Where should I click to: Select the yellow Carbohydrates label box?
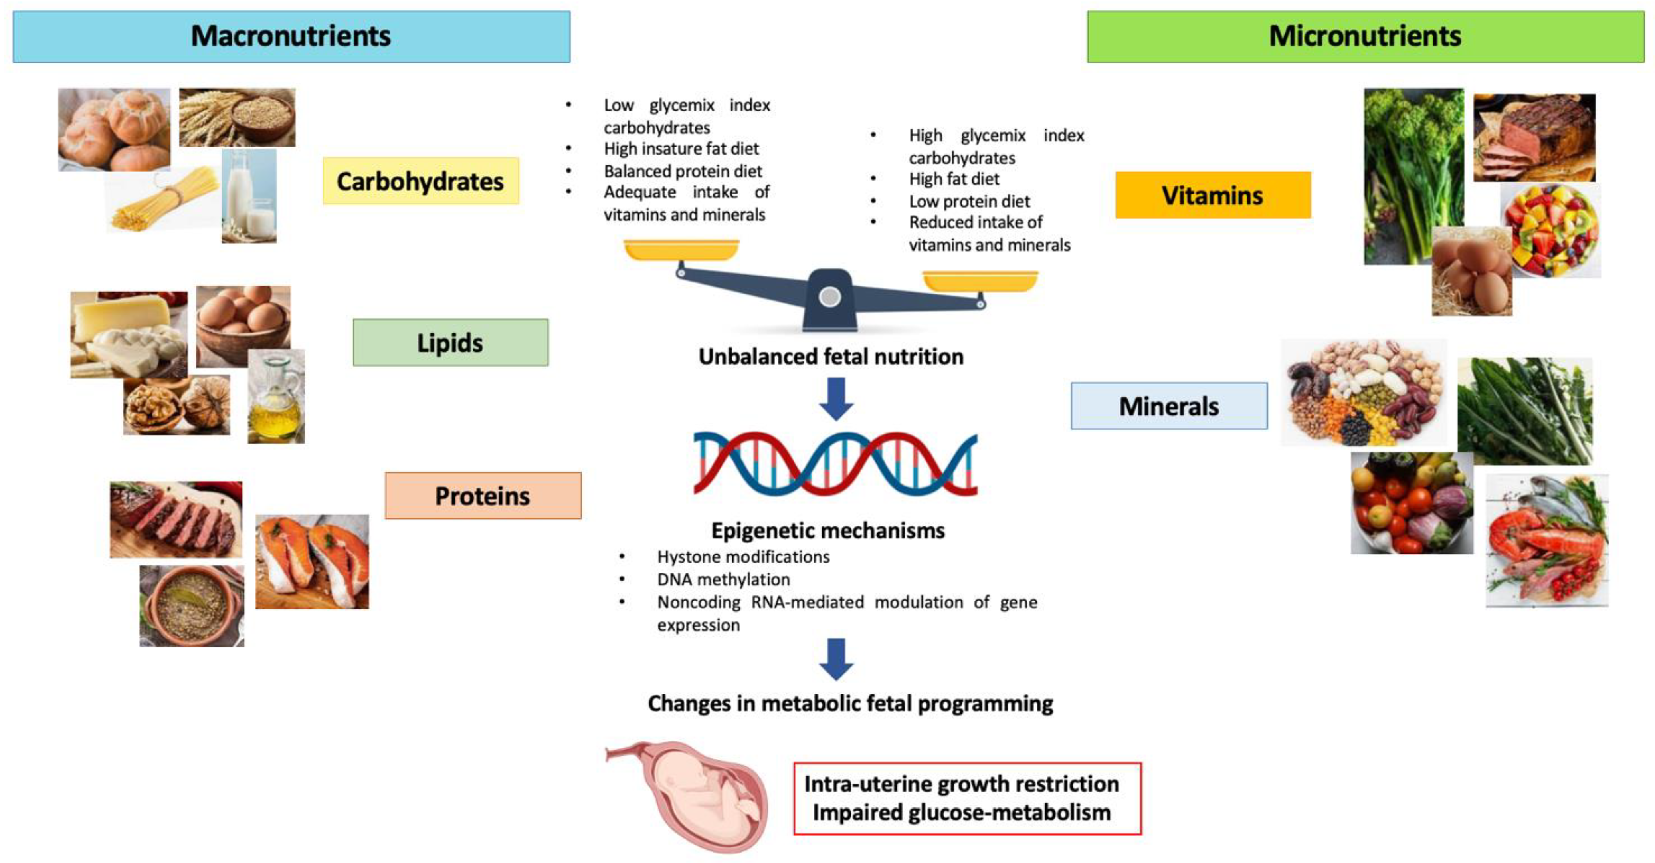click(420, 181)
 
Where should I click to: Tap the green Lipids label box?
click(450, 343)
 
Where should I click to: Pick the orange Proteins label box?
click(483, 496)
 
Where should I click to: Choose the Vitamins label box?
click(1212, 195)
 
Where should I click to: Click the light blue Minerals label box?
click(1169, 406)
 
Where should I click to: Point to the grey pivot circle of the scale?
click(830, 297)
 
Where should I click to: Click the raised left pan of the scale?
click(681, 249)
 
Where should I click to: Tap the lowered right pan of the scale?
click(980, 281)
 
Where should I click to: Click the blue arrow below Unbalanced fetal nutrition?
click(836, 399)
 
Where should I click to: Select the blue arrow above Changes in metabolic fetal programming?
click(836, 659)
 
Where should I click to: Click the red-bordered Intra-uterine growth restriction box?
click(967, 798)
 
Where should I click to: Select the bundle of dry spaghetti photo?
click(164, 199)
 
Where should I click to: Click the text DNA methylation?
click(723, 579)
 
